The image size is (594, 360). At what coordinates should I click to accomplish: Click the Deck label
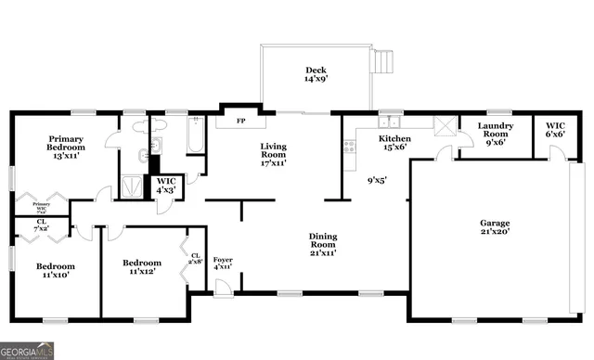(316, 75)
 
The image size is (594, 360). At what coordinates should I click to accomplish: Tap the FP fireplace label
(240, 122)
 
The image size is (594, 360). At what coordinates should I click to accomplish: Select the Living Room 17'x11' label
(273, 154)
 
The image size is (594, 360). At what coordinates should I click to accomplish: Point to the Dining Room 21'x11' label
(322, 243)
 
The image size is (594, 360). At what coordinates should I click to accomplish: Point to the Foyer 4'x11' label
(223, 264)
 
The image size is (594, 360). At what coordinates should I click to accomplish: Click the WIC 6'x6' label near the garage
(555, 130)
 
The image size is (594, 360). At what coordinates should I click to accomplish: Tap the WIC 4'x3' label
(167, 186)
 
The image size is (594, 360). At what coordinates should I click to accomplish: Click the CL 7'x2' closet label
(42, 225)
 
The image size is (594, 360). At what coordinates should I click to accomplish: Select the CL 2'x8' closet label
(195, 259)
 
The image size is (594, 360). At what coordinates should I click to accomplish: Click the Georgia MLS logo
(28, 351)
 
